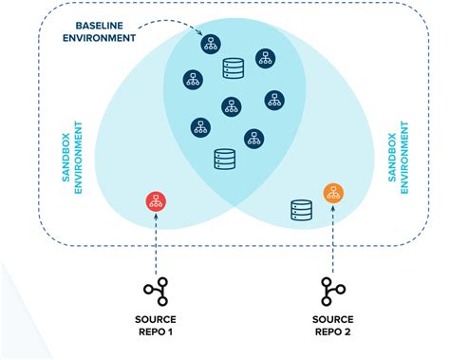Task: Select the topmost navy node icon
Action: (x=210, y=44)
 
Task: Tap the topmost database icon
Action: (x=233, y=68)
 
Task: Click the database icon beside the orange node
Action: (x=300, y=209)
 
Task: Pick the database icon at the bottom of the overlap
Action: (x=224, y=159)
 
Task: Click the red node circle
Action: (x=156, y=201)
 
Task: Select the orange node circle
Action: (x=332, y=194)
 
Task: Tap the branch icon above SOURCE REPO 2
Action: (x=332, y=290)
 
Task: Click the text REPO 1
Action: (x=157, y=332)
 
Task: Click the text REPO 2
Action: (x=332, y=332)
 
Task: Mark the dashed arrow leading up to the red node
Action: (x=156, y=242)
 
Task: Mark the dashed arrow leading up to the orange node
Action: (x=332, y=237)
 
